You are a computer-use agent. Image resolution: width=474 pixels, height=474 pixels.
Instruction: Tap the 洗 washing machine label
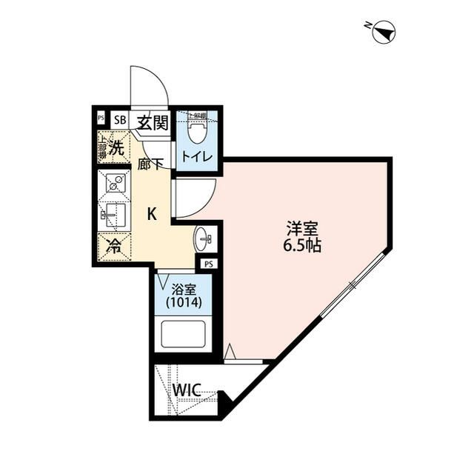pos(116,147)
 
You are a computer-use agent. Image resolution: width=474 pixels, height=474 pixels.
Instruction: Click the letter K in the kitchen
pos(151,215)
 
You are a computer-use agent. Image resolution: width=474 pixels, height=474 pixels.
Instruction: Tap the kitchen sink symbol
pos(113,215)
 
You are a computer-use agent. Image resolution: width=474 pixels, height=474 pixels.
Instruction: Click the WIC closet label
pos(188,390)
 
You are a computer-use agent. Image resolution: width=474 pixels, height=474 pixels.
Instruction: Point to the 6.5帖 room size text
pos(301,246)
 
